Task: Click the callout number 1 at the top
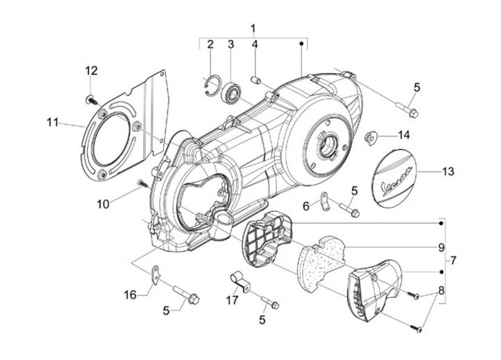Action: coord(253,29)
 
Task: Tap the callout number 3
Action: coord(230,45)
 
